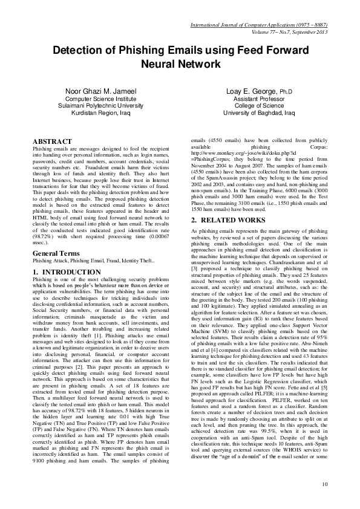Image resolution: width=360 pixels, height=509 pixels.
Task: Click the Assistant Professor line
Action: click(258, 99)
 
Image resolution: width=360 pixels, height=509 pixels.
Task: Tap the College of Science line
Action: click(258, 105)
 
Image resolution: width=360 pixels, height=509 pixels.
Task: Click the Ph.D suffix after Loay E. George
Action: click(286, 92)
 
